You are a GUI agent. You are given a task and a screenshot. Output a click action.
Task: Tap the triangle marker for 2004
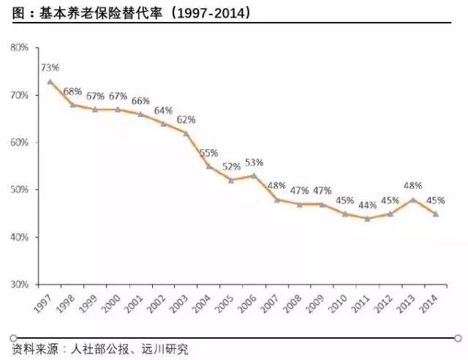click(x=208, y=166)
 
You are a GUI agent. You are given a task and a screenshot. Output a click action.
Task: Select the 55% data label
click(x=210, y=152)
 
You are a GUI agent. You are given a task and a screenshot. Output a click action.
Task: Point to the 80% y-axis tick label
click(x=20, y=48)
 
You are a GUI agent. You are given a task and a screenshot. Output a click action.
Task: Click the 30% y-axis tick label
click(x=20, y=284)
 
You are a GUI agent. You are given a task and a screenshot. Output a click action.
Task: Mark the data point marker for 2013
click(x=413, y=200)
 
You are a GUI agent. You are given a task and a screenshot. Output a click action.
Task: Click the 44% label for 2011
click(x=369, y=205)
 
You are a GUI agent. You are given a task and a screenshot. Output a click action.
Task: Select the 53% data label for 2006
click(x=255, y=162)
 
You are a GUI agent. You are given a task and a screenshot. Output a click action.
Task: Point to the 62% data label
click(x=186, y=119)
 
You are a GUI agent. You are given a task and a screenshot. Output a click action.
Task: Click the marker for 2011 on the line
click(x=368, y=218)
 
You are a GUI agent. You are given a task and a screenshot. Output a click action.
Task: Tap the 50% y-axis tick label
click(x=20, y=190)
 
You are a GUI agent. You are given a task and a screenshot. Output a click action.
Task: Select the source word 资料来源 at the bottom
click(x=33, y=349)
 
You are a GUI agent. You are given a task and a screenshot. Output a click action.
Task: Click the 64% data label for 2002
click(x=163, y=110)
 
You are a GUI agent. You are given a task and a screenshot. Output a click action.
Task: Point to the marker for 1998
click(x=72, y=105)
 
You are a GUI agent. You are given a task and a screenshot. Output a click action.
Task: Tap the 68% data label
click(x=72, y=91)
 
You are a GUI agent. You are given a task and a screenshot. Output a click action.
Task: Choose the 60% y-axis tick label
click(x=20, y=142)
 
